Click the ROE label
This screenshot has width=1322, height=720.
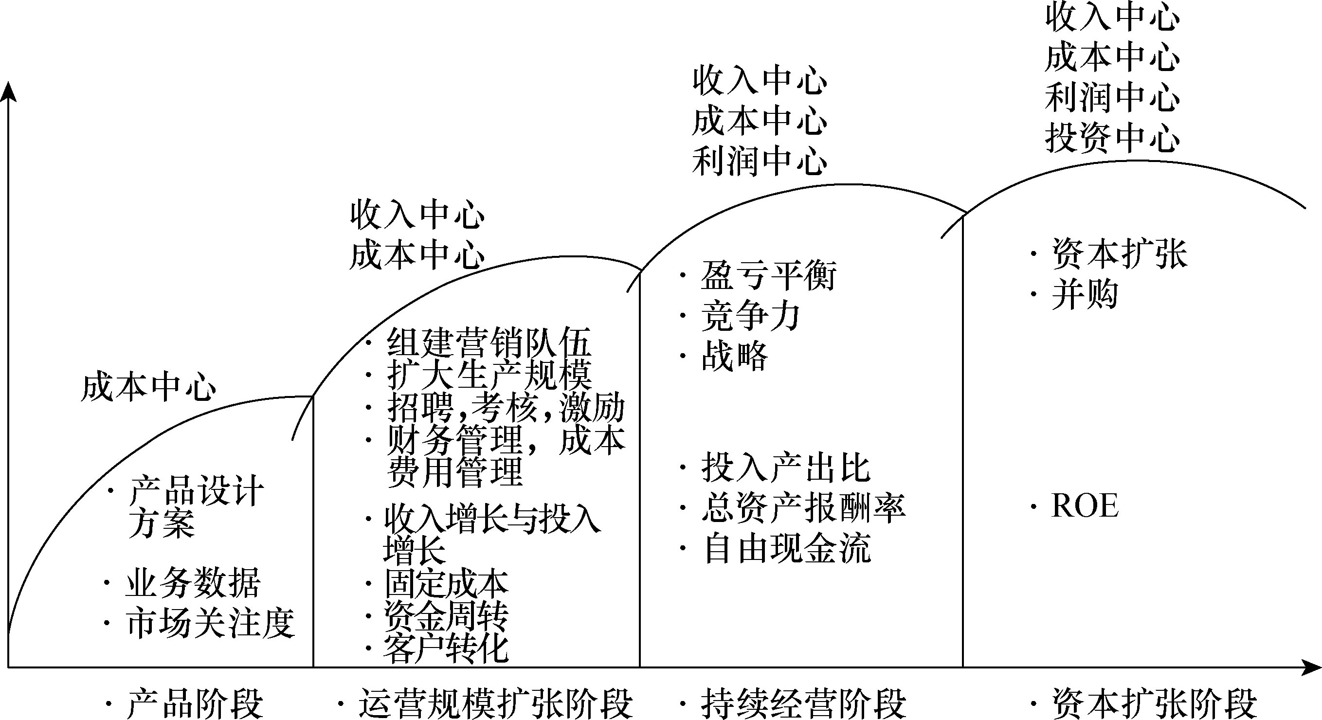[x=1085, y=506]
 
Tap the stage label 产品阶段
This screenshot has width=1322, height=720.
[x=195, y=704]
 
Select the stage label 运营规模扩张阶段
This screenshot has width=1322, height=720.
[x=495, y=704]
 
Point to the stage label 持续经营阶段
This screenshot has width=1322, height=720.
[x=803, y=704]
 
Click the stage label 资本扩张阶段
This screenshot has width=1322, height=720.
[x=1154, y=704]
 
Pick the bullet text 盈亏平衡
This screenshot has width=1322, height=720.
[x=768, y=275]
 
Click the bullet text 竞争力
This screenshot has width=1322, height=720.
[x=750, y=316]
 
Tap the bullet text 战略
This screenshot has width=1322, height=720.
[x=734, y=356]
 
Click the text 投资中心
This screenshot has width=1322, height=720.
[x=1112, y=138]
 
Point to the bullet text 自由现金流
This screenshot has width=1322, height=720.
[x=786, y=549]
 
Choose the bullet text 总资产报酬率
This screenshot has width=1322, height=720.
[x=803, y=508]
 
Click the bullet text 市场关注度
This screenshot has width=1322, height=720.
[x=210, y=624]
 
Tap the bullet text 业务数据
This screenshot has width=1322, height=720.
[x=193, y=583]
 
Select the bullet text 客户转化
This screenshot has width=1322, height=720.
[x=446, y=649]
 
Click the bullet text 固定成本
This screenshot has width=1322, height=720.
[x=446, y=583]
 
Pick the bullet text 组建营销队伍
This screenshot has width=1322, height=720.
[x=489, y=342]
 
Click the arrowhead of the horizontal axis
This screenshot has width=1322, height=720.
[x=1311, y=667]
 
